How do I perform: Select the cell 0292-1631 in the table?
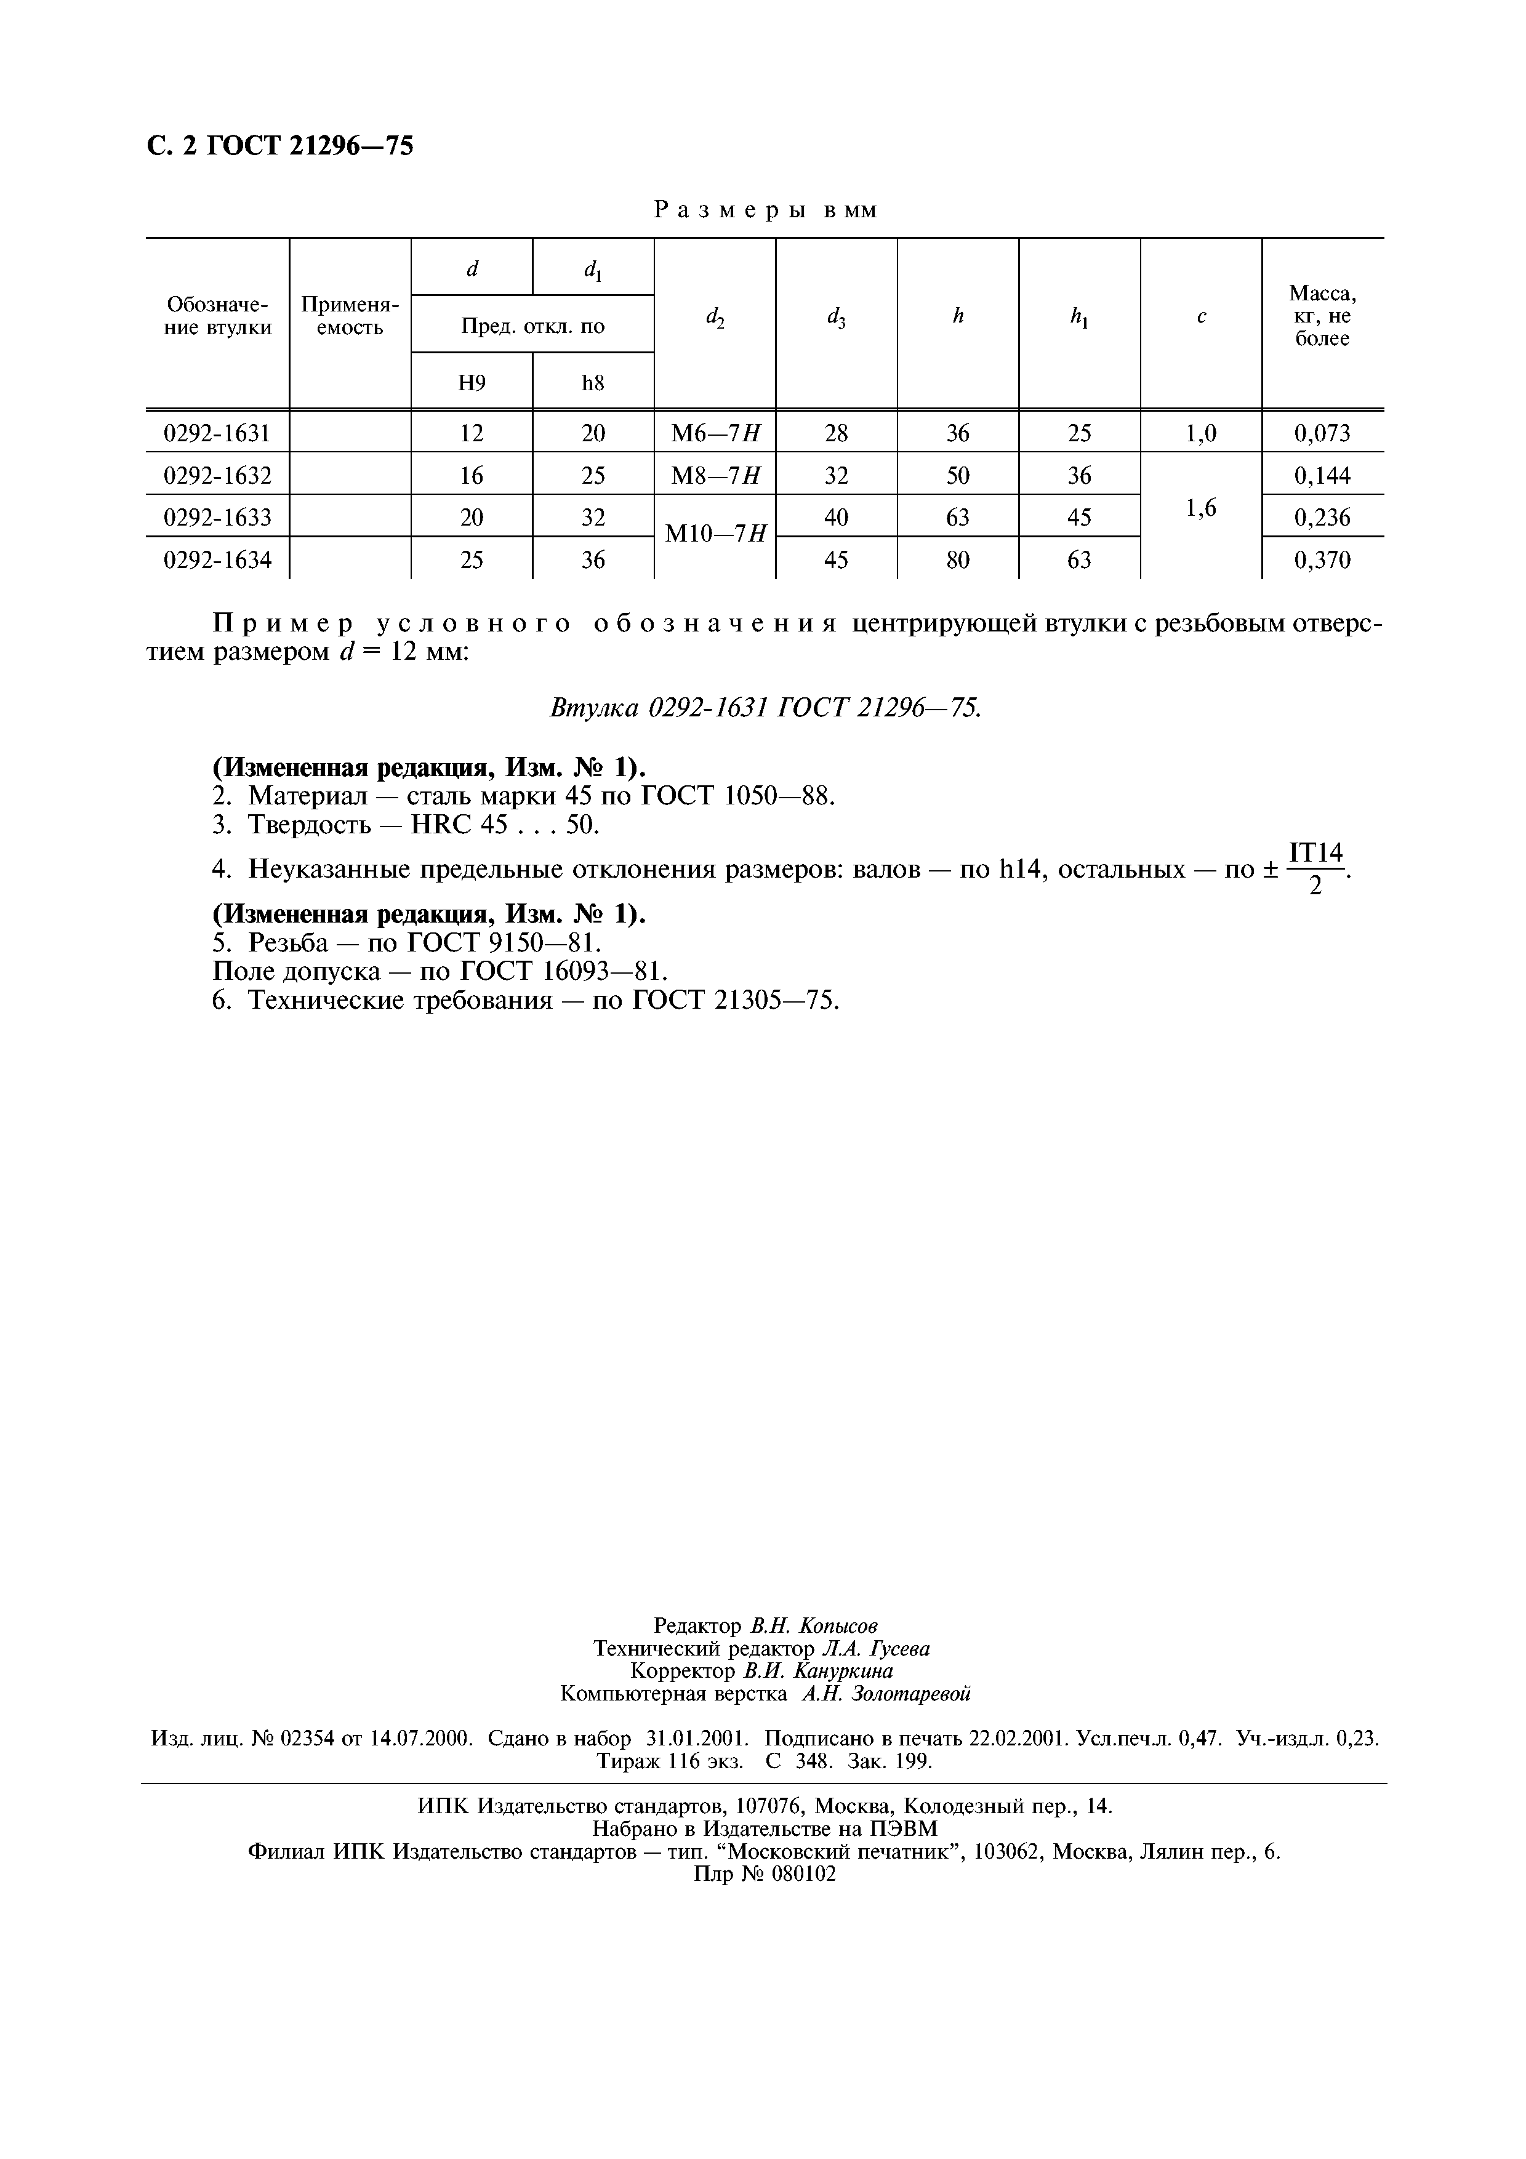[217, 433]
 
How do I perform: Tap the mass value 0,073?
[1322, 433]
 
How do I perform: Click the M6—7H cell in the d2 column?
[715, 433]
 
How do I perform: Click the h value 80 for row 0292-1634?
[957, 561]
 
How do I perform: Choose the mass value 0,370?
[1322, 561]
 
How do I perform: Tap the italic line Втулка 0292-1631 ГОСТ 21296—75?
[765, 708]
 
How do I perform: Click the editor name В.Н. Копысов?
[814, 1626]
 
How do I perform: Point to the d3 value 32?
[836, 476]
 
